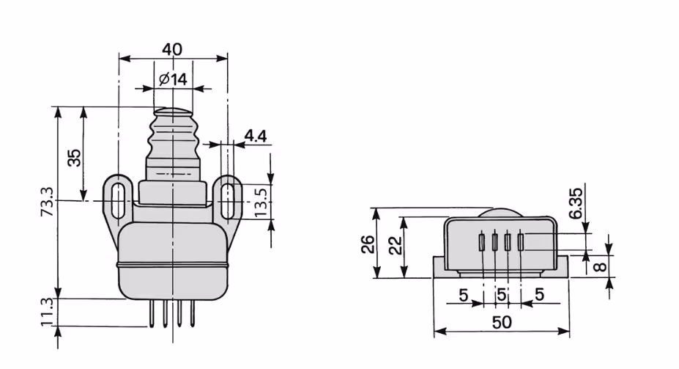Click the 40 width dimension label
[x=172, y=49]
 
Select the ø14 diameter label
[x=173, y=79]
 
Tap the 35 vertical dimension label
[x=75, y=158]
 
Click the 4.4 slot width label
[x=256, y=136]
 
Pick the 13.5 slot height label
[x=261, y=202]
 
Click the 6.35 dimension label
[x=576, y=203]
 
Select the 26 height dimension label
[x=368, y=244]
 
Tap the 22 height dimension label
[x=395, y=245]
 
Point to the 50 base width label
[x=502, y=322]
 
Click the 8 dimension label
[x=600, y=266]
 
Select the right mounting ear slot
[x=227, y=200]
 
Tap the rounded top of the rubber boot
[x=173, y=112]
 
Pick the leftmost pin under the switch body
[x=152, y=313]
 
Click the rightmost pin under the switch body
[x=192, y=313]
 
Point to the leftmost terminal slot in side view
[x=481, y=242]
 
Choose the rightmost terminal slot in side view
[x=521, y=242]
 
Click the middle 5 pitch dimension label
[x=502, y=295]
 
